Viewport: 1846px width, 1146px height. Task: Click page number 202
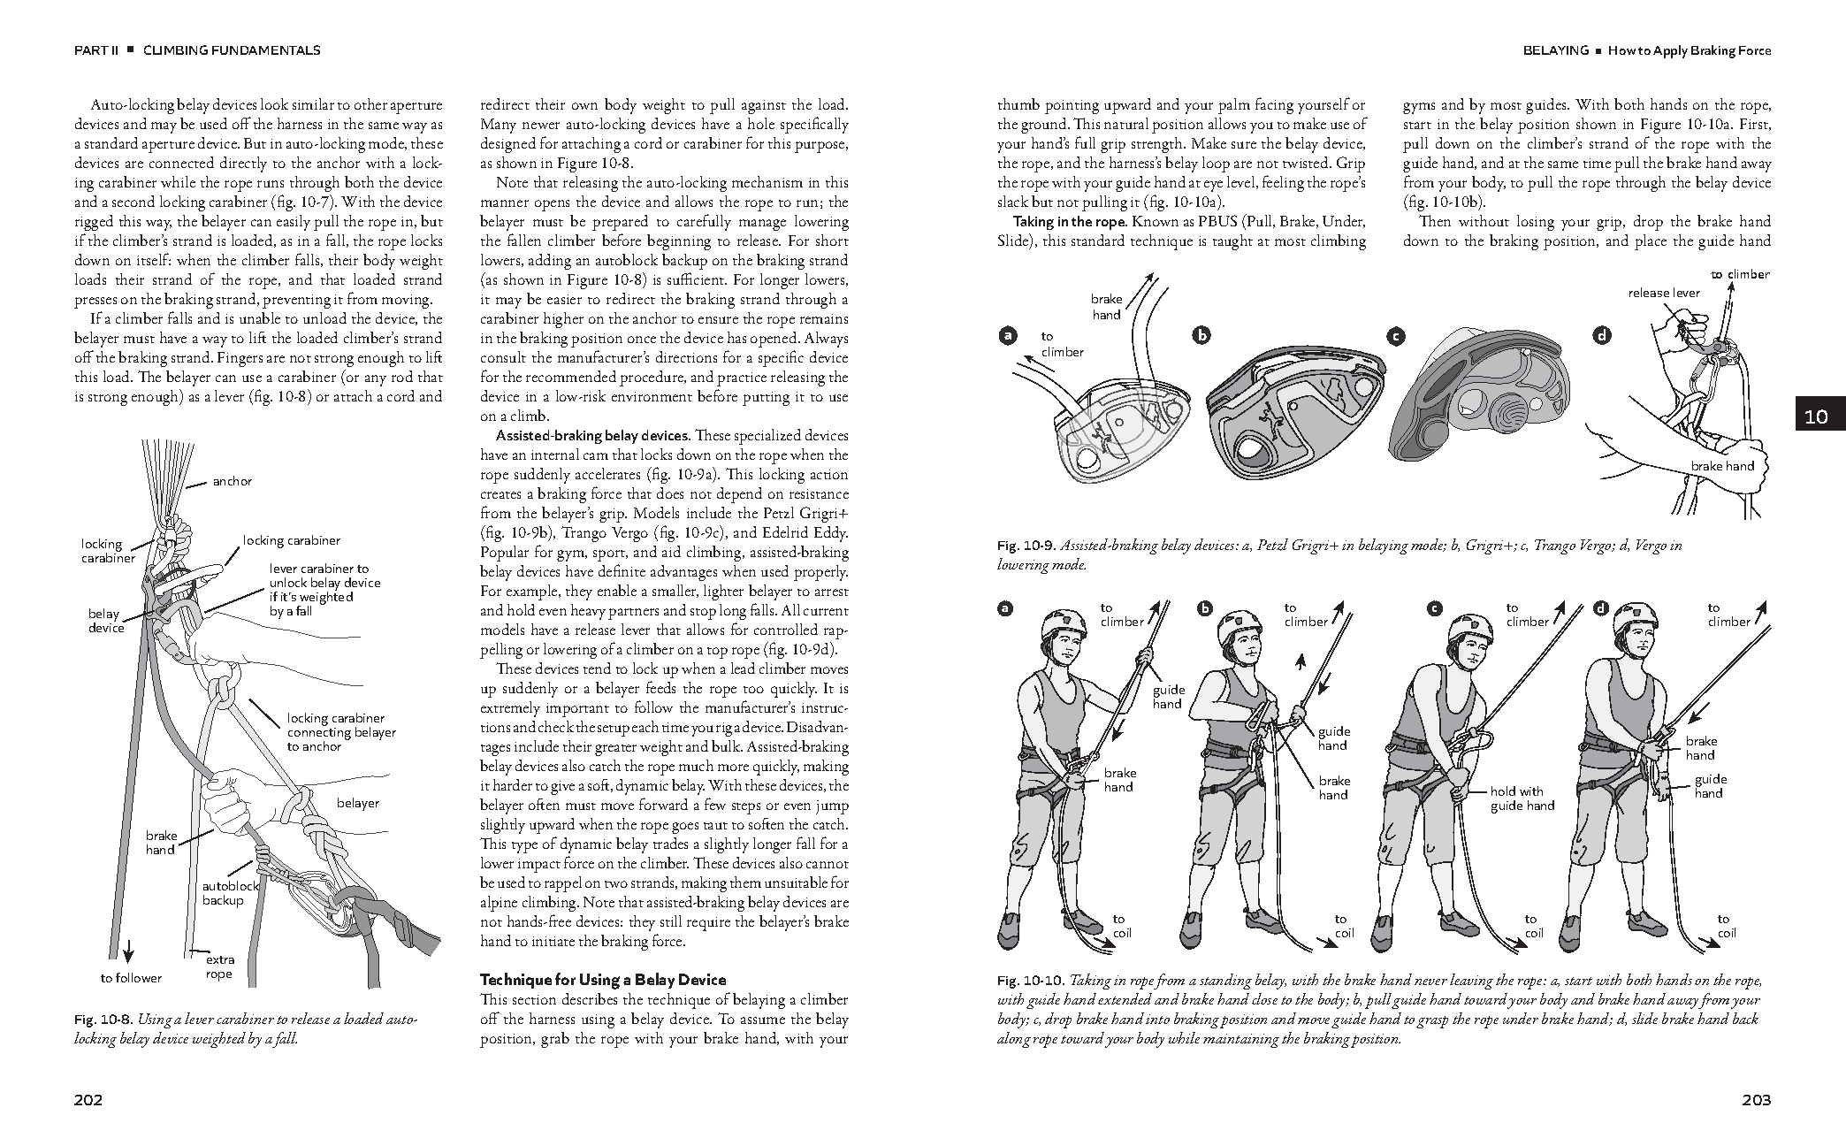[88, 1100]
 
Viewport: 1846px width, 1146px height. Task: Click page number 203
[1756, 1100]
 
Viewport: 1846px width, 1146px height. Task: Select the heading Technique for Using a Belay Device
[602, 980]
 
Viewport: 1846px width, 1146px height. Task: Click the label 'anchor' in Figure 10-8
[232, 481]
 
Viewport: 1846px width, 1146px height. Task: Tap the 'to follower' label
[131, 978]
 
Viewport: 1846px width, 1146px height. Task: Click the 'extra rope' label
[219, 966]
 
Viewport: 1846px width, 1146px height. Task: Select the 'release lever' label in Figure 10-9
[1664, 293]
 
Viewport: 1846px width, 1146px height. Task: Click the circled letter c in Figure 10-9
[1395, 336]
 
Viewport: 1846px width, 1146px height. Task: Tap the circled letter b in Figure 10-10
[1205, 608]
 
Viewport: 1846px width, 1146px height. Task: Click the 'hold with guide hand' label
[1522, 798]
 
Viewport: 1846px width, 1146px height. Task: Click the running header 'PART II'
[95, 50]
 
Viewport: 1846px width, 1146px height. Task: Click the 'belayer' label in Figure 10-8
[358, 803]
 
